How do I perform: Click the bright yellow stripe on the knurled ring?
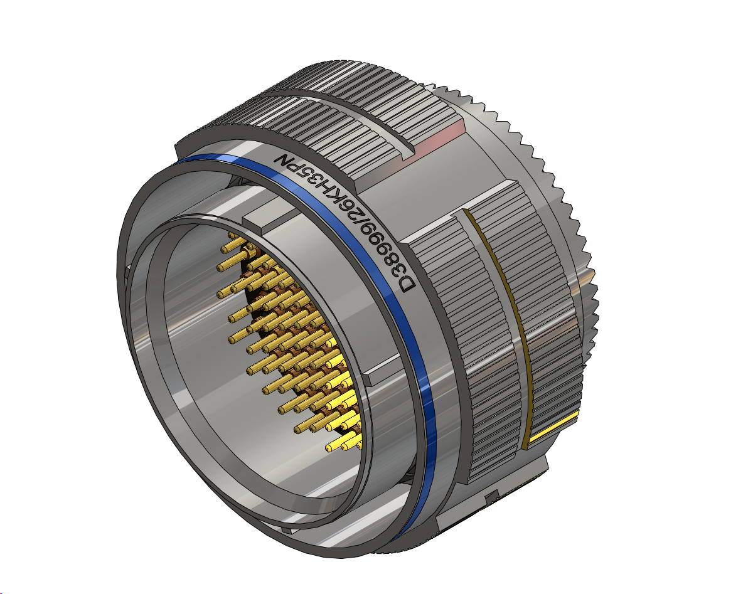[x=552, y=430]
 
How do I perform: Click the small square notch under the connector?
[x=490, y=497]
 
